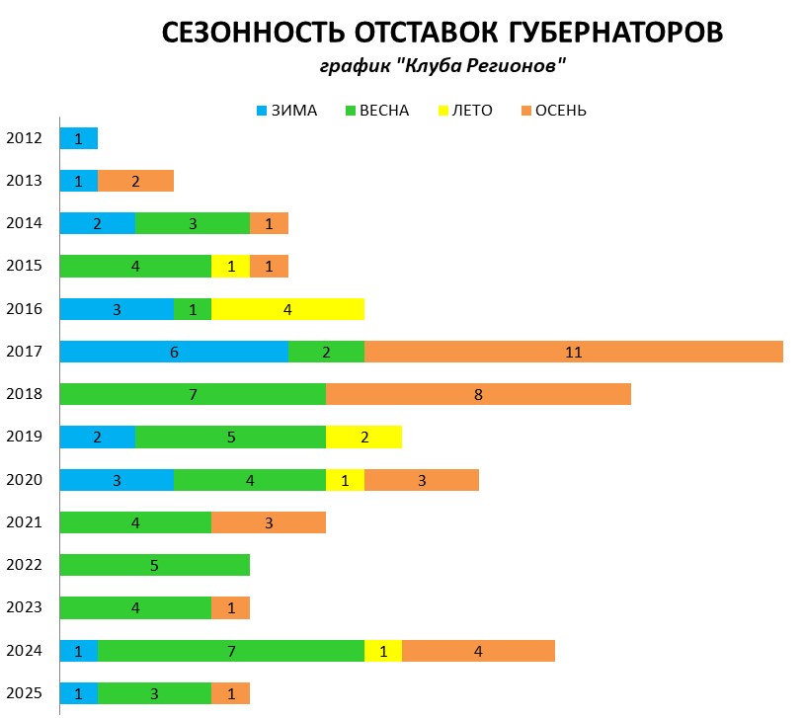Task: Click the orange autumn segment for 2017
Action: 574,352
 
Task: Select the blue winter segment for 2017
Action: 174,352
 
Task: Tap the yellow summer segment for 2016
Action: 287,309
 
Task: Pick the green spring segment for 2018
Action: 193,394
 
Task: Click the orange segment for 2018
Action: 478,394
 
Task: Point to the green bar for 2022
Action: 154,565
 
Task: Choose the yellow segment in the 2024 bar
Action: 383,651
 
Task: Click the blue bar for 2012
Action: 78,138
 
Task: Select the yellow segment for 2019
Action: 363,437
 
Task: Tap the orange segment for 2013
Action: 135,181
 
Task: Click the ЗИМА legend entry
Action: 286,110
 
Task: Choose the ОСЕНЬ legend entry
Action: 553,110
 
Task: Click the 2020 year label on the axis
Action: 24,480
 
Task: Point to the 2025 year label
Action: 24,693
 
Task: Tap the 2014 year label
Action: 24,223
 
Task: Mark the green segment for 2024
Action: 230,651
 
